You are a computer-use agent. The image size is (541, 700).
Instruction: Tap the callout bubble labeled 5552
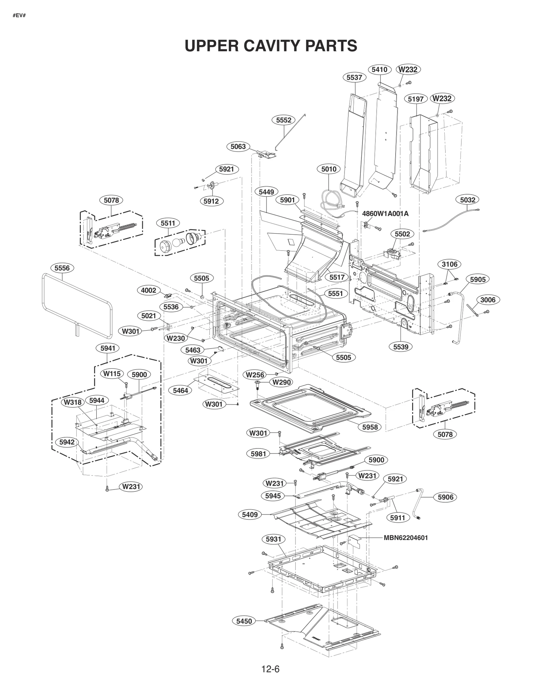(x=283, y=120)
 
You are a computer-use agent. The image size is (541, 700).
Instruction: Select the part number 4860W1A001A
(x=385, y=214)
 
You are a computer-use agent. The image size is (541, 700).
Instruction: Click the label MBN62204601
(x=405, y=538)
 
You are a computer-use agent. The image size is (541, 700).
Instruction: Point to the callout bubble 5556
(x=62, y=268)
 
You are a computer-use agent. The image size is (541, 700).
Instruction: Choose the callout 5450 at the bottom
(x=244, y=621)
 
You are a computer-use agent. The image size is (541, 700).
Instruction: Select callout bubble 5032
(x=468, y=200)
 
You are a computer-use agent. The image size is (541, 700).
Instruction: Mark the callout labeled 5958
(x=370, y=427)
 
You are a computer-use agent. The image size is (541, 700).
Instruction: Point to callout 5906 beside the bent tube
(x=445, y=497)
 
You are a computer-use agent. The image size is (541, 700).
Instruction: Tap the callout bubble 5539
(x=401, y=346)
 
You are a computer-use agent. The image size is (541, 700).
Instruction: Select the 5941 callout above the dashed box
(x=108, y=348)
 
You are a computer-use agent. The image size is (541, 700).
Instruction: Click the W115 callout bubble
(x=112, y=373)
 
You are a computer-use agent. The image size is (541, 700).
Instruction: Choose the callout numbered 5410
(x=379, y=70)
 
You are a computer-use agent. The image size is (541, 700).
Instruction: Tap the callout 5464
(x=180, y=390)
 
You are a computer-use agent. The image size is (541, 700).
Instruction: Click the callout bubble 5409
(x=250, y=515)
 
